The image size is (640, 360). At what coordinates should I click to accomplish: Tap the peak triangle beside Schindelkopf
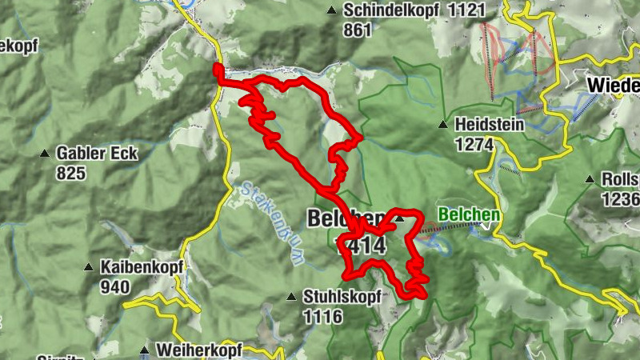point(331,10)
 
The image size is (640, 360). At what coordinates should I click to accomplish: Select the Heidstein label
point(489,125)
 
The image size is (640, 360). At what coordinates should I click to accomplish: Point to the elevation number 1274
point(471,144)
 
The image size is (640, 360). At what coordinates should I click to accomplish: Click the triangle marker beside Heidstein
point(442,125)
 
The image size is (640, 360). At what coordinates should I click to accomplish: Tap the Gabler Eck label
point(97,153)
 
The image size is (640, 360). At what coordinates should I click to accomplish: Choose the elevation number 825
point(71,172)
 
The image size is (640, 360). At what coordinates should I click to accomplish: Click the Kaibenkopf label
point(142,266)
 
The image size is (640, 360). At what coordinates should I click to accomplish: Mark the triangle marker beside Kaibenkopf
point(89,267)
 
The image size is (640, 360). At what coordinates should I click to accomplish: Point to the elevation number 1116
point(323,317)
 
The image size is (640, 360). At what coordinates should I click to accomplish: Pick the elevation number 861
point(358,30)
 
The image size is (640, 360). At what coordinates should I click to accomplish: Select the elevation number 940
point(115,286)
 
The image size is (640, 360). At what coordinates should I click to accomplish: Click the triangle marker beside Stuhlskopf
point(292,297)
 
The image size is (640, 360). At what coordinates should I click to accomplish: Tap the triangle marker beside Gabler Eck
point(44,153)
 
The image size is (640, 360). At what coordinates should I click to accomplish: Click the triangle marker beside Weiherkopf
point(145,350)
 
